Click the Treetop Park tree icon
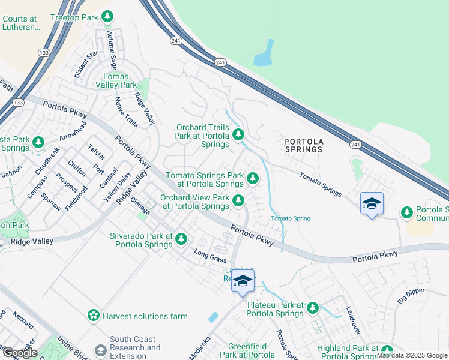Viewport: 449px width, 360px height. (107, 17)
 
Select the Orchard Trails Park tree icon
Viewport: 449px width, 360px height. (238, 136)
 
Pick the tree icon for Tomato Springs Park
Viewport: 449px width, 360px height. (253, 178)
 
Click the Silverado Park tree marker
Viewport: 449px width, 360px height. (181, 240)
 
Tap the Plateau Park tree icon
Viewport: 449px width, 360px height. (312, 308)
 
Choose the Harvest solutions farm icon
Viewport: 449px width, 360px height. (93, 316)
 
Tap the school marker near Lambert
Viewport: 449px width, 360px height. (243, 281)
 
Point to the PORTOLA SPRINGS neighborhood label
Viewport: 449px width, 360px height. (304, 145)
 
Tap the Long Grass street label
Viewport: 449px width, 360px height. (210, 257)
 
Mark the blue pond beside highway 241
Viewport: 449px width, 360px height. (265, 54)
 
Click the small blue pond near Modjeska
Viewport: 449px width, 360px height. (214, 317)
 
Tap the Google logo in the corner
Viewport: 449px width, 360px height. (19, 353)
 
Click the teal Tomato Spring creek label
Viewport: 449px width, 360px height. (291, 218)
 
